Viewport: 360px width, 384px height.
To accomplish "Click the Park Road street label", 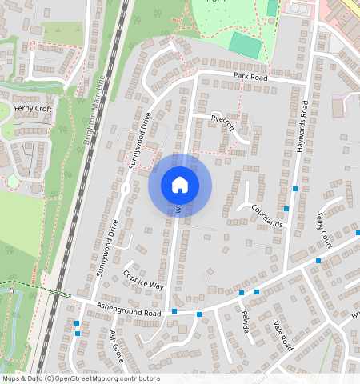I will (x=250, y=76).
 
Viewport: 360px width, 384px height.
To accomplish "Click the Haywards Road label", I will (x=305, y=137).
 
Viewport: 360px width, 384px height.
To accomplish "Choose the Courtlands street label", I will (x=267, y=214).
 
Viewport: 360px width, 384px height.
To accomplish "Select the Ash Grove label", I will (x=118, y=345).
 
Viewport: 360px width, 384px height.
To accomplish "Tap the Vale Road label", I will (x=284, y=335).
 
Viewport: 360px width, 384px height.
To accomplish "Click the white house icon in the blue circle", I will (x=180, y=185).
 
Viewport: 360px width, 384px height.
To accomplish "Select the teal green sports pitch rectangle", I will (x=245, y=45).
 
